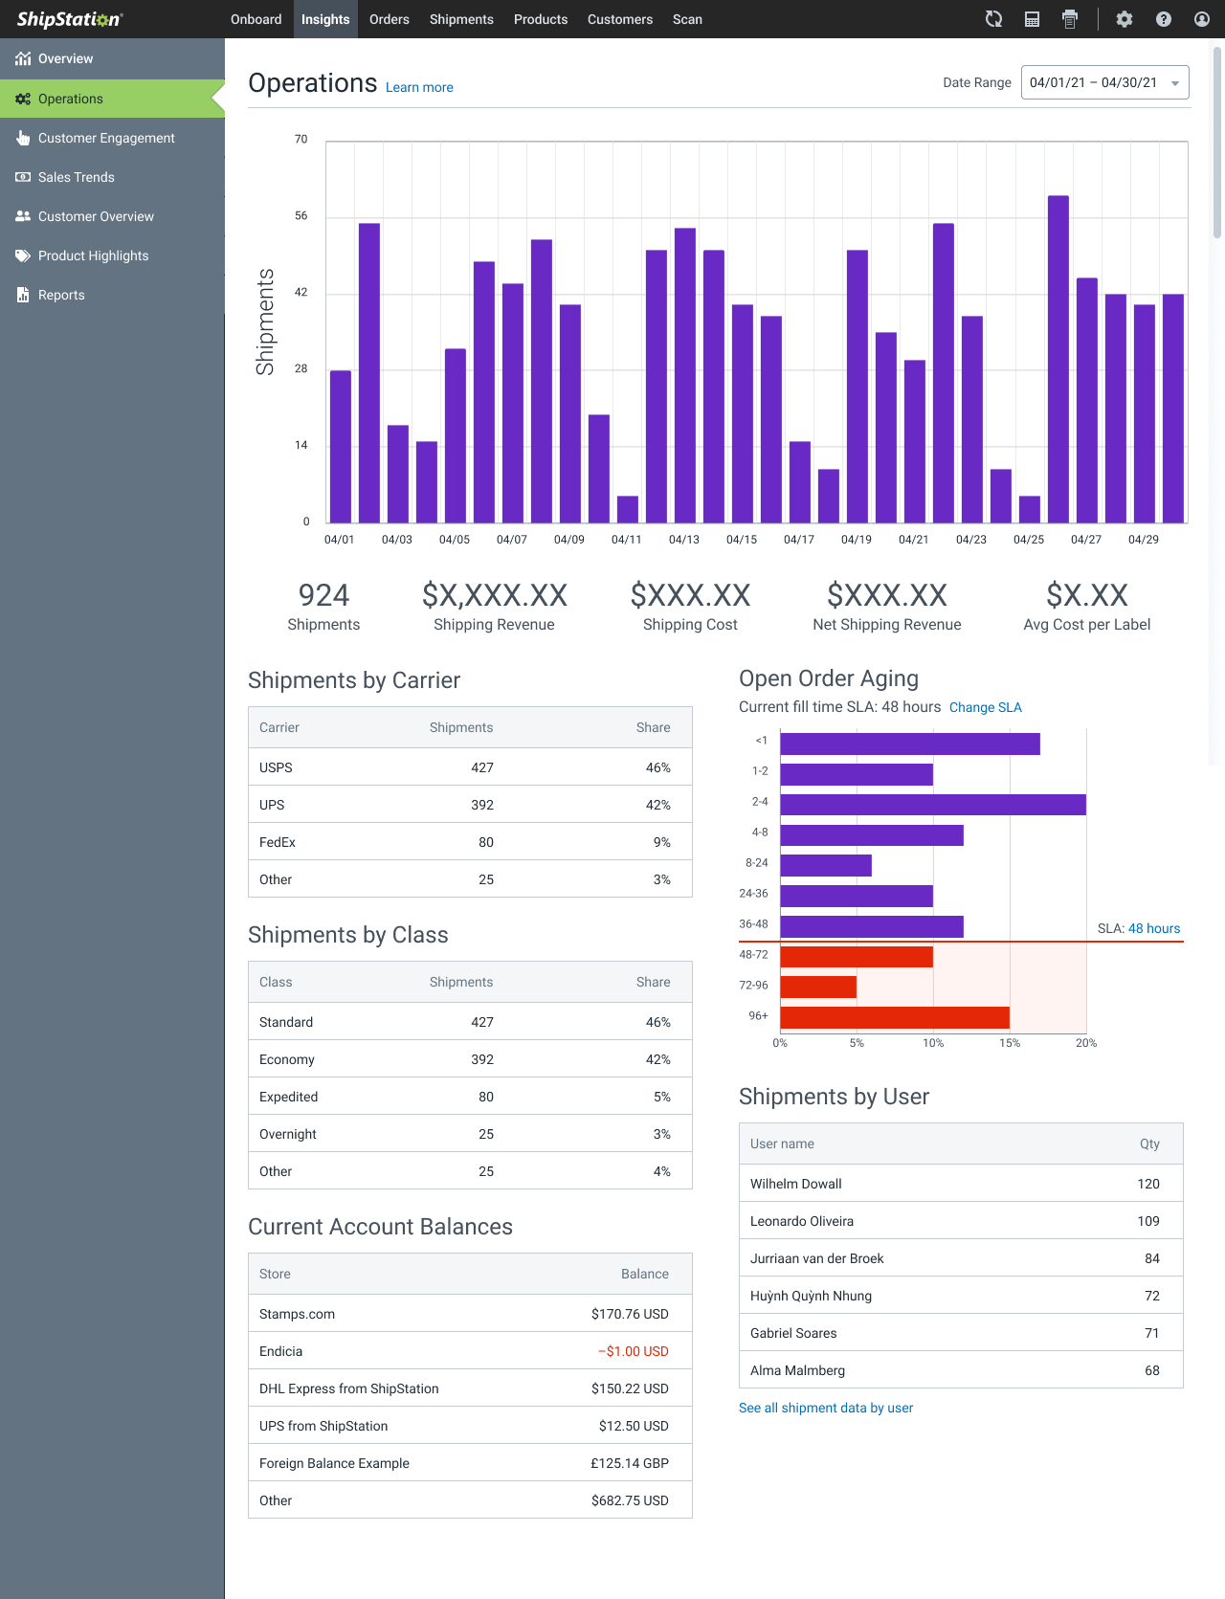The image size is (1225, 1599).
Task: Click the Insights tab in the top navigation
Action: [x=325, y=19]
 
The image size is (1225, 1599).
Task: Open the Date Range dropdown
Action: [x=1104, y=82]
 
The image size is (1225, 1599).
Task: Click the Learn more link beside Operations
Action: [x=419, y=87]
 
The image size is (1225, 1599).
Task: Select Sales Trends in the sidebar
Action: [x=76, y=177]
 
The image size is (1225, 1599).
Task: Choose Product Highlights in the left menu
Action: [x=93, y=255]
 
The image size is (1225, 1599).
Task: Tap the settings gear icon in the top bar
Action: [x=1125, y=19]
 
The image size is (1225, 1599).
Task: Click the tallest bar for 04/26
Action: [x=1058, y=359]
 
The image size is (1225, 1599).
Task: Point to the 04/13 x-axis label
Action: [x=683, y=540]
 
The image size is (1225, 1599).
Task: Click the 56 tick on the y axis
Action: [x=301, y=216]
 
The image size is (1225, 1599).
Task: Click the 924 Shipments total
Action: [x=323, y=596]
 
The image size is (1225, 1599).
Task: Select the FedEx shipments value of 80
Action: [x=485, y=842]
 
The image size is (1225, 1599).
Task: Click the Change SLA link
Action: [x=985, y=707]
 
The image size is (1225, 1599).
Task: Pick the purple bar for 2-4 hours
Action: [x=932, y=805]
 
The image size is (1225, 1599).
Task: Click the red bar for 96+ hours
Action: [x=894, y=1017]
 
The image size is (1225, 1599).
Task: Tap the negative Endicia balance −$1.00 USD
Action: [x=633, y=1351]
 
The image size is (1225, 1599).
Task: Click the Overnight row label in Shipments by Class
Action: [x=287, y=1134]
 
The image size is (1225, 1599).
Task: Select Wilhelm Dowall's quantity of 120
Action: [x=1147, y=1184]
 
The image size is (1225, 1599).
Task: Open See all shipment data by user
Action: [x=825, y=1408]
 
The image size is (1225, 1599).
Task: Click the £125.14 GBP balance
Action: [x=629, y=1463]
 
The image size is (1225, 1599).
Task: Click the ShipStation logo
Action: [x=69, y=19]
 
